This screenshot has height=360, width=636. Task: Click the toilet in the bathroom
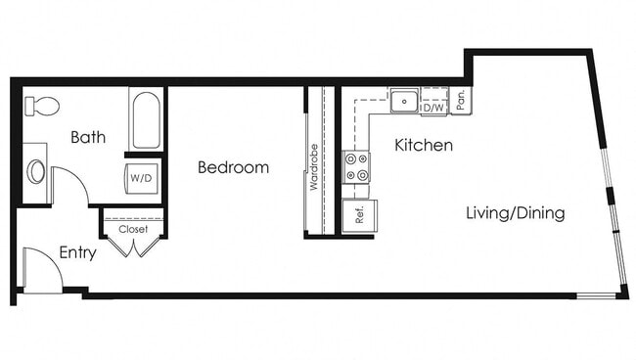pyautogui.click(x=41, y=106)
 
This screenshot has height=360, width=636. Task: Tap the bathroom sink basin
pyautogui.click(x=37, y=172)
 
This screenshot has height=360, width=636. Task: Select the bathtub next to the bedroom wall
pyautogui.click(x=145, y=120)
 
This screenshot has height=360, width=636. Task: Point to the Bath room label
pyautogui.click(x=88, y=138)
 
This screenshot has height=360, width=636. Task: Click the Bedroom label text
pyautogui.click(x=233, y=167)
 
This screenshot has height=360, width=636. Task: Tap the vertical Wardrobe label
pyautogui.click(x=315, y=166)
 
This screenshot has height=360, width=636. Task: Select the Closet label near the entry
pyautogui.click(x=133, y=229)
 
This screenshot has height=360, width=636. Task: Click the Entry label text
pyautogui.click(x=77, y=252)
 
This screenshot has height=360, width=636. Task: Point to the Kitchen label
pyautogui.click(x=423, y=146)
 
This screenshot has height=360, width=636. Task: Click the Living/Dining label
pyautogui.click(x=515, y=212)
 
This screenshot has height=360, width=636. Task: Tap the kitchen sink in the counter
pyautogui.click(x=404, y=100)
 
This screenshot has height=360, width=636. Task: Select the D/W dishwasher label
pyautogui.click(x=433, y=108)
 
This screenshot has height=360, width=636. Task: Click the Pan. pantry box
pyautogui.click(x=460, y=100)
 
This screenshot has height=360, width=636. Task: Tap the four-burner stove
pyautogui.click(x=356, y=167)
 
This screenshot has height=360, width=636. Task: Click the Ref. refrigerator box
pyautogui.click(x=359, y=215)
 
